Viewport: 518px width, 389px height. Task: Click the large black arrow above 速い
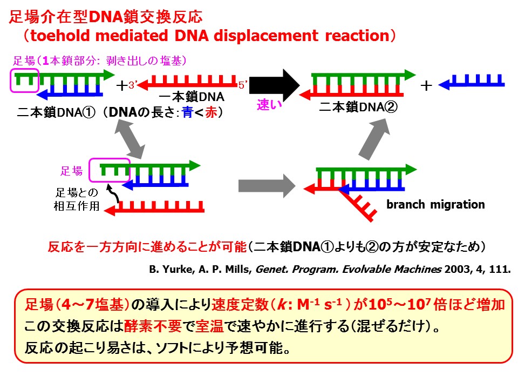point(277,84)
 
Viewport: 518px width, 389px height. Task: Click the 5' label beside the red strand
point(243,85)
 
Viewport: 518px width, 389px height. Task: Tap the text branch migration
point(435,205)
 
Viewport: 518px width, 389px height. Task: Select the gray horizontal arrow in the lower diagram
point(267,186)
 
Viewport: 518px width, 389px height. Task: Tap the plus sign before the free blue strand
point(426,85)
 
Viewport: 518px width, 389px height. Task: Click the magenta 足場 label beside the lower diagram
point(71,171)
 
